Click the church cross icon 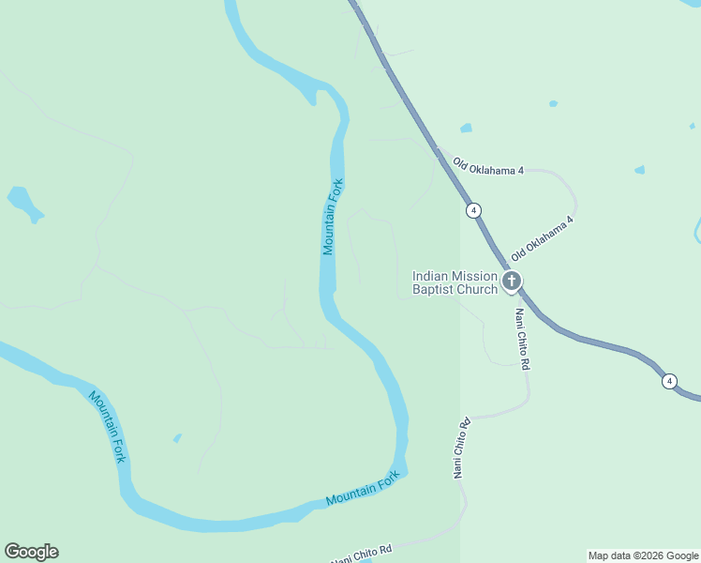512,281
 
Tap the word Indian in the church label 430,276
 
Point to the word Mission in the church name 474,276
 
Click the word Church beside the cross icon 477,290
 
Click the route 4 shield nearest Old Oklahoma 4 474,210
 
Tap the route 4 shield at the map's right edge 668,381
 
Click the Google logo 31,552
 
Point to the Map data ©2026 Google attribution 643,555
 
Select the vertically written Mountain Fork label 333,217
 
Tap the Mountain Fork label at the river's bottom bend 363,489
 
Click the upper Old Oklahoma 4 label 487,166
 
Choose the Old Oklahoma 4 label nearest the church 542,238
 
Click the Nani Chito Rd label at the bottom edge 361,555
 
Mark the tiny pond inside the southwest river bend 177,437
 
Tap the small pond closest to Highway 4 466,128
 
